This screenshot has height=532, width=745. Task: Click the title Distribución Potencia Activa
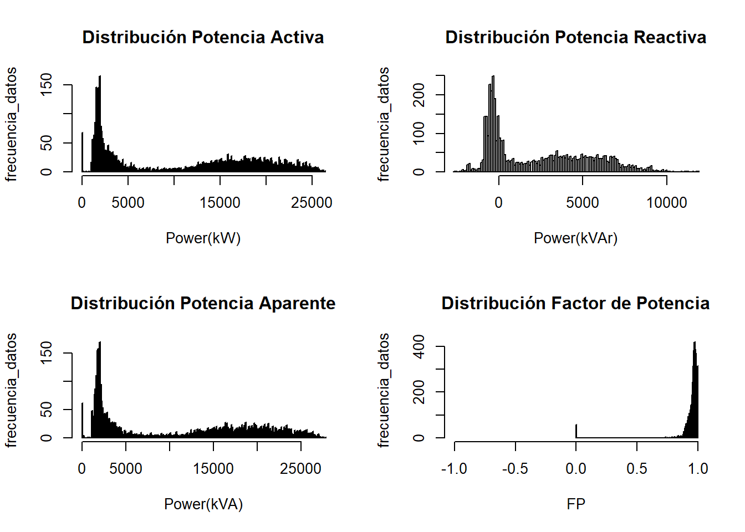(x=203, y=37)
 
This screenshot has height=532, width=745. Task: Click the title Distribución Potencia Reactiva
(x=575, y=37)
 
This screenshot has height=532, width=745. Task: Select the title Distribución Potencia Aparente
(x=203, y=303)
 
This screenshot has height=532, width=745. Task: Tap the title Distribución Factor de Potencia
(x=575, y=303)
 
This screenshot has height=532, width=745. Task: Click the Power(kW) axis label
(x=203, y=238)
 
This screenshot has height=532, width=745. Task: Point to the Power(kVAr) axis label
(x=575, y=238)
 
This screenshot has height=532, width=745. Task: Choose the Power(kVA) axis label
(x=203, y=504)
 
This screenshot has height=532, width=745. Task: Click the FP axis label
(x=575, y=504)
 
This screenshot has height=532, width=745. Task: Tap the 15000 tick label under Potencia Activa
(x=220, y=203)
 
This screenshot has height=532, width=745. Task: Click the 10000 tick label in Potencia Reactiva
(x=666, y=203)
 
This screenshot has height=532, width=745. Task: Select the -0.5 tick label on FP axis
(x=515, y=469)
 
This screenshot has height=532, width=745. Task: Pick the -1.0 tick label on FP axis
(x=454, y=469)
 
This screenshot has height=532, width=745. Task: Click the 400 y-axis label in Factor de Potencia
(x=419, y=346)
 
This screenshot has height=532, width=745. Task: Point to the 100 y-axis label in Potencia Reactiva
(x=419, y=133)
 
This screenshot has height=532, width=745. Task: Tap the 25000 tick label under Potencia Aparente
(x=300, y=469)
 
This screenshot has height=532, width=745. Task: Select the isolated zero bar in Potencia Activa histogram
(x=83, y=152)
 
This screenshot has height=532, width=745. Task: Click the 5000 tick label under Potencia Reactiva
(x=582, y=203)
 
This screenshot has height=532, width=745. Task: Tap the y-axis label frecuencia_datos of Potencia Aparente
(x=11, y=390)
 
